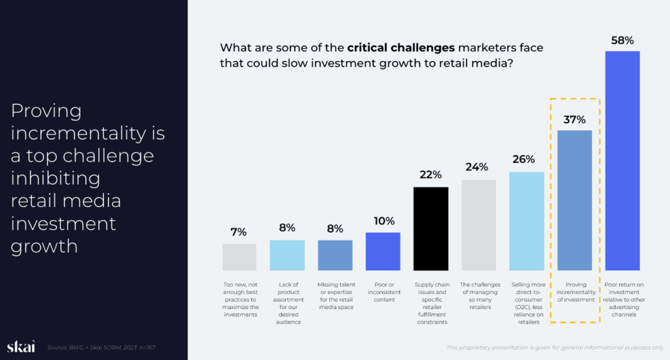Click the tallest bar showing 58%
pyautogui.click(x=622, y=160)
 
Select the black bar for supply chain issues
pyautogui.click(x=431, y=228)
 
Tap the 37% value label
pyautogui.click(x=574, y=120)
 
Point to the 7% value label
pyautogui.click(x=239, y=232)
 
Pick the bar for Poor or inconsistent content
pyautogui.click(x=383, y=251)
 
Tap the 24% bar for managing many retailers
pyautogui.click(x=479, y=225)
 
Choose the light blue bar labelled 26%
pyautogui.click(x=527, y=221)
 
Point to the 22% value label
pyautogui.click(x=431, y=175)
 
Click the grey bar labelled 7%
pyautogui.click(x=239, y=257)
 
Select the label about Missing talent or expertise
pyautogui.click(x=335, y=295)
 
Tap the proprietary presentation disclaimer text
pyautogui.click(x=554, y=347)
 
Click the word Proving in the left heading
pyautogui.click(x=46, y=111)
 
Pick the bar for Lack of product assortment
pyautogui.click(x=287, y=255)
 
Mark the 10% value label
pyautogui.click(x=383, y=221)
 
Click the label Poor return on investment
pyautogui.click(x=622, y=299)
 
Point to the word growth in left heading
pyautogui.click(x=44, y=247)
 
